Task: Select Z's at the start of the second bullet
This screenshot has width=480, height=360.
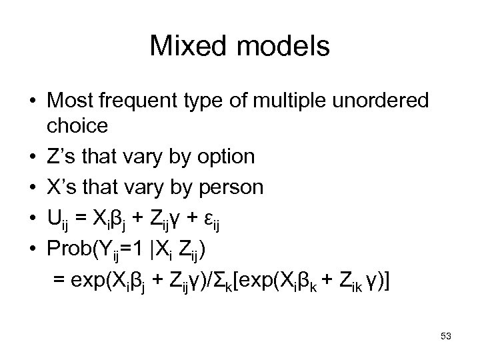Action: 61,157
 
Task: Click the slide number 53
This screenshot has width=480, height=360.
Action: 445,337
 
